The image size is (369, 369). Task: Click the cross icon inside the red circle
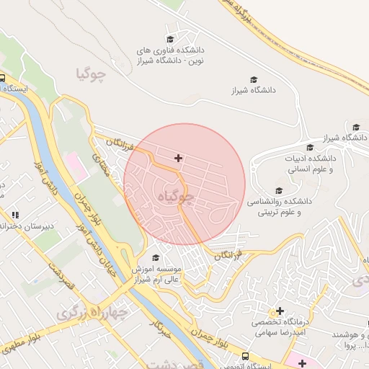click(178, 158)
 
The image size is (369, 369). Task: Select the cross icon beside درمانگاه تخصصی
click(280, 311)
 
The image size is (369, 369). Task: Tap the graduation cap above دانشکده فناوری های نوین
click(170, 39)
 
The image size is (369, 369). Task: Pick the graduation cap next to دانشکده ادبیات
click(310, 147)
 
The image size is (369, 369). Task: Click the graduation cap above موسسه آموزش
click(156, 257)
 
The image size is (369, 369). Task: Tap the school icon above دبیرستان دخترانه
click(15, 215)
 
